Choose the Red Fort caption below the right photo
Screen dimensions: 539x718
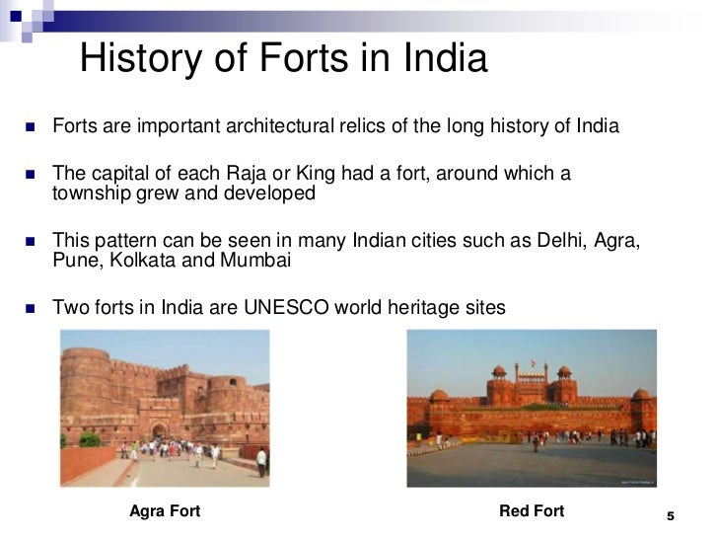pyautogui.click(x=533, y=511)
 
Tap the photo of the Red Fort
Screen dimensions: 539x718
pyautogui.click(x=533, y=408)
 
